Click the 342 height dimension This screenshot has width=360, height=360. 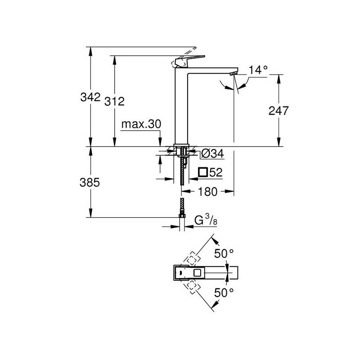(x=90, y=97)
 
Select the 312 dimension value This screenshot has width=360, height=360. (x=114, y=101)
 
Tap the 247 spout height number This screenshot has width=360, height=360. (x=279, y=111)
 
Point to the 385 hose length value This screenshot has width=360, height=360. (x=90, y=183)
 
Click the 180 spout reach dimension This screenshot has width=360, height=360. (x=207, y=192)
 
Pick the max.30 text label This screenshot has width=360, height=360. (x=141, y=124)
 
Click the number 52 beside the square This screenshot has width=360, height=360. (x=216, y=172)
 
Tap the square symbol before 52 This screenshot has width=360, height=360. (x=203, y=172)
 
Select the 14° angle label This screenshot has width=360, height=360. (x=258, y=70)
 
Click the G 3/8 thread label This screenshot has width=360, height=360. (x=206, y=220)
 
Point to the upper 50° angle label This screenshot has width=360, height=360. (x=224, y=254)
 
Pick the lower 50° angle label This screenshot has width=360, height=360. (x=224, y=292)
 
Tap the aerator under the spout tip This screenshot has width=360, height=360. (x=233, y=73)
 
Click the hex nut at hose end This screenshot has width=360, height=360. (x=182, y=216)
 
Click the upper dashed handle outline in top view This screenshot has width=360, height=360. (x=192, y=259)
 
